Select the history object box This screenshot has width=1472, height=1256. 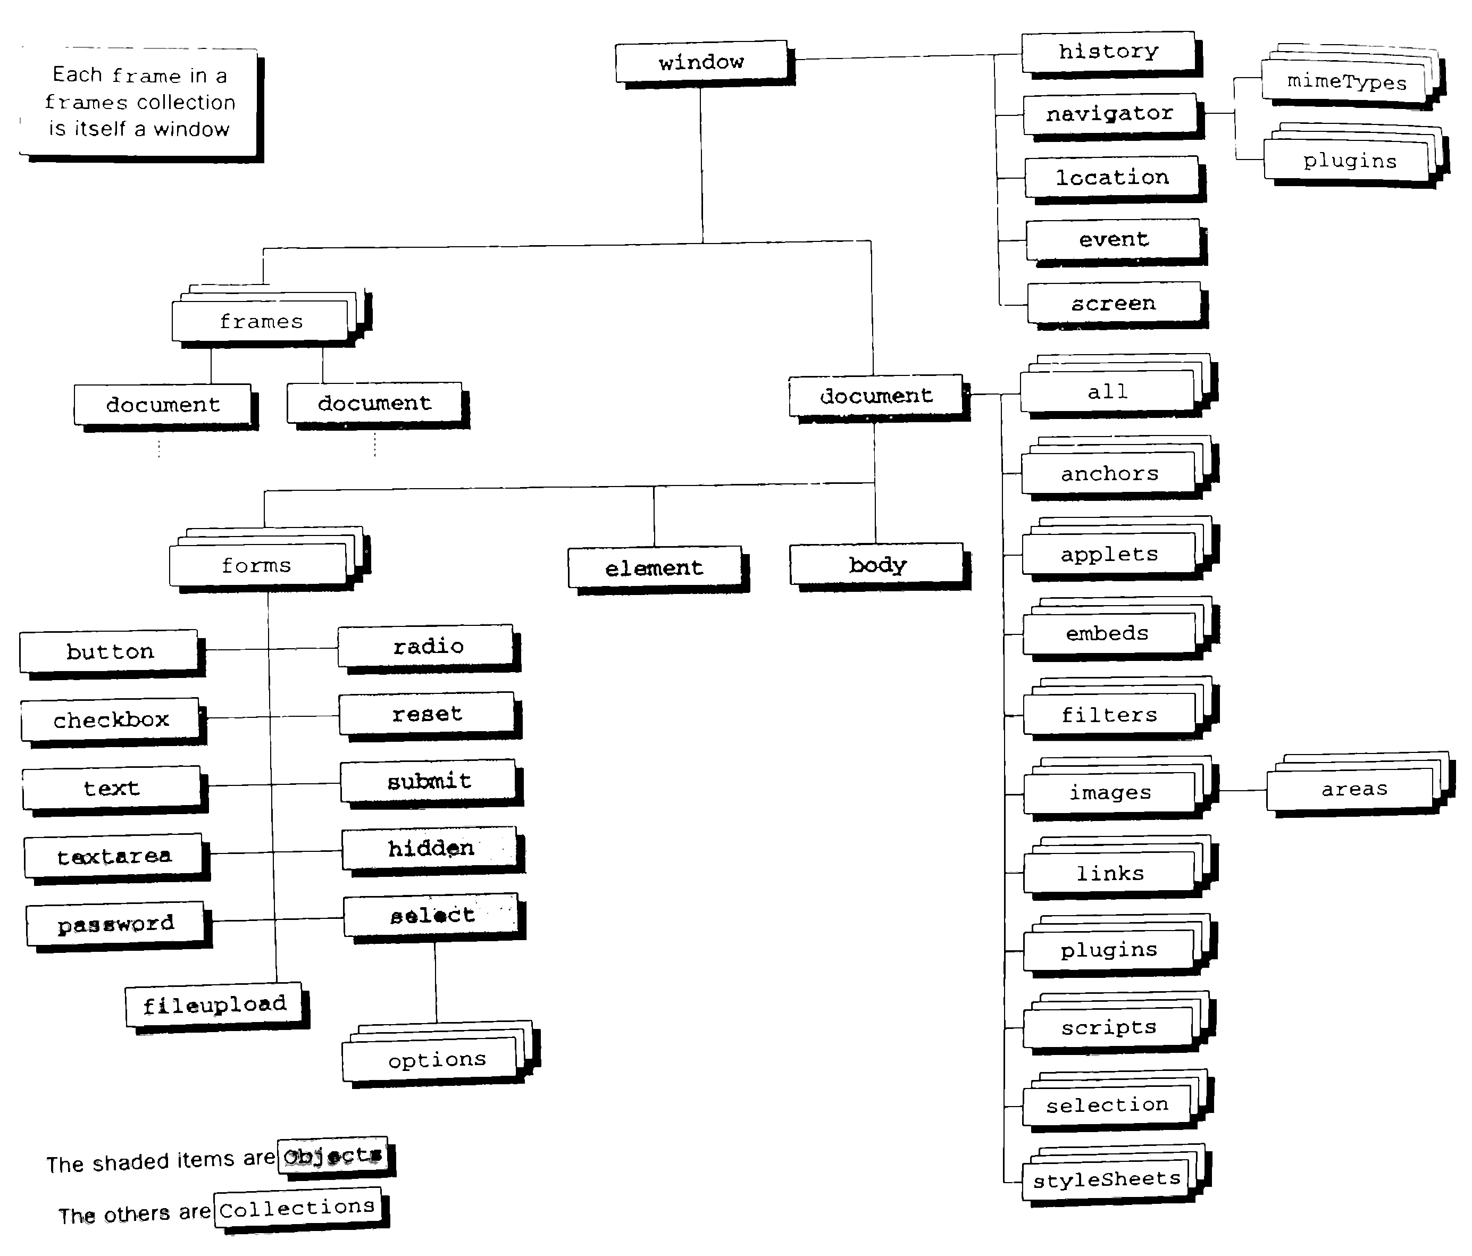(x=1112, y=53)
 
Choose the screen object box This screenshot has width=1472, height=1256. (x=1117, y=305)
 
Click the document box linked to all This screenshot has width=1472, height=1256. (x=880, y=398)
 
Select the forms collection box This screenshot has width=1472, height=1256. (x=270, y=560)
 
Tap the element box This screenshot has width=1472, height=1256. (x=658, y=570)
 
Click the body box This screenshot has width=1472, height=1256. (x=880, y=567)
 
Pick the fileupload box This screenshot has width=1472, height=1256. (x=218, y=1007)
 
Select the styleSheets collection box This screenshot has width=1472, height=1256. (x=1117, y=1174)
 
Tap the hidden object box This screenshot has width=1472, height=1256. (x=433, y=850)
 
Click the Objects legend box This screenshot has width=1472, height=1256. (x=337, y=1157)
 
